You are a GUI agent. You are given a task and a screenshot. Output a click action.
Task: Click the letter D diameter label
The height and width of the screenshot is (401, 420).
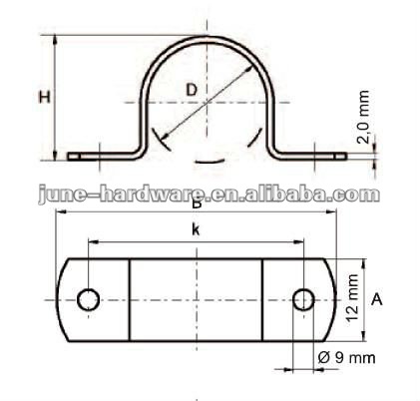coord(191,89)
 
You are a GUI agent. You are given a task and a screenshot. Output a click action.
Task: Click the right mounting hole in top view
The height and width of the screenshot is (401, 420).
coord(303,297)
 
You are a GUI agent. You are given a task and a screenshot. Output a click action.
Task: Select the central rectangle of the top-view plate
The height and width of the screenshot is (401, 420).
coord(197,297)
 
